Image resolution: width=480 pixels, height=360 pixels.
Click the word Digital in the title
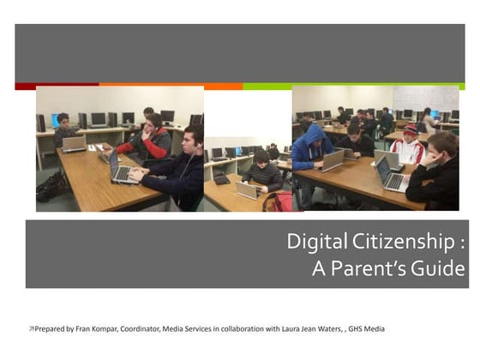point(310,243)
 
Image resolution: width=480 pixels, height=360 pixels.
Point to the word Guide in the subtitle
point(442,269)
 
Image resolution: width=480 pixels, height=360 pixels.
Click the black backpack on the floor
point(51,187)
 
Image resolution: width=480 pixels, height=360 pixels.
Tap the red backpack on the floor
point(276,202)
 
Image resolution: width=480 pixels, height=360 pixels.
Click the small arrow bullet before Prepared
point(32,328)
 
